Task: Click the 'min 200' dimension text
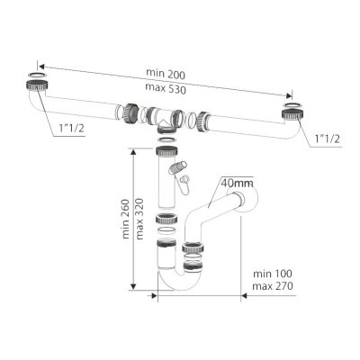click(166, 74)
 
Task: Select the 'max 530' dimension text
click(166, 88)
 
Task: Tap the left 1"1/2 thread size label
click(71, 129)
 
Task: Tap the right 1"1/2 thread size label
click(328, 139)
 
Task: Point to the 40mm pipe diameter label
click(237, 182)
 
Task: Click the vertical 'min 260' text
click(126, 219)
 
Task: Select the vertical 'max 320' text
click(139, 219)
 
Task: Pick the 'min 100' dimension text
click(273, 274)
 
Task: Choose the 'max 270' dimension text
click(273, 286)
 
